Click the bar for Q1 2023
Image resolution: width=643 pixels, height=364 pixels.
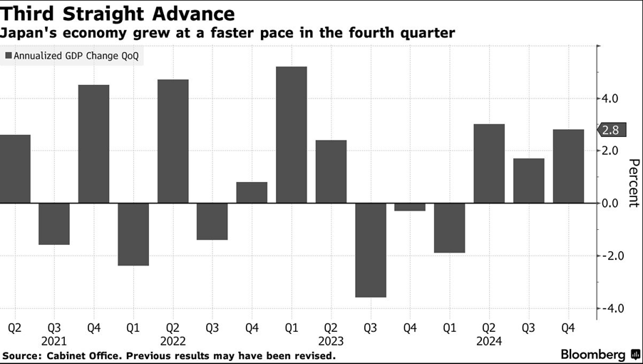tap(291, 135)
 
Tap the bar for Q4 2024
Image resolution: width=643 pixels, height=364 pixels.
tap(568, 166)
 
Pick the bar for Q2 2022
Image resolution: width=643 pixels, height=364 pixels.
tap(173, 141)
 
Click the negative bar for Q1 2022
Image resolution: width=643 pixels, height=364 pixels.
tap(133, 234)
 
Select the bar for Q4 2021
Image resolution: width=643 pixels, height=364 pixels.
tap(93, 144)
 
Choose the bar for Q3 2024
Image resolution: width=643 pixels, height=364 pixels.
tap(528, 181)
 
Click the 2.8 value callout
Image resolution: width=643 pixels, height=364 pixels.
tap(611, 130)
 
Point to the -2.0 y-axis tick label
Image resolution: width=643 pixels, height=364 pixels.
tap(612, 256)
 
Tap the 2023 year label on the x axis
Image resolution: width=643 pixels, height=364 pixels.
tap(331, 341)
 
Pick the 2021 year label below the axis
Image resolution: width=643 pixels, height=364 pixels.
tap(54, 341)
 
